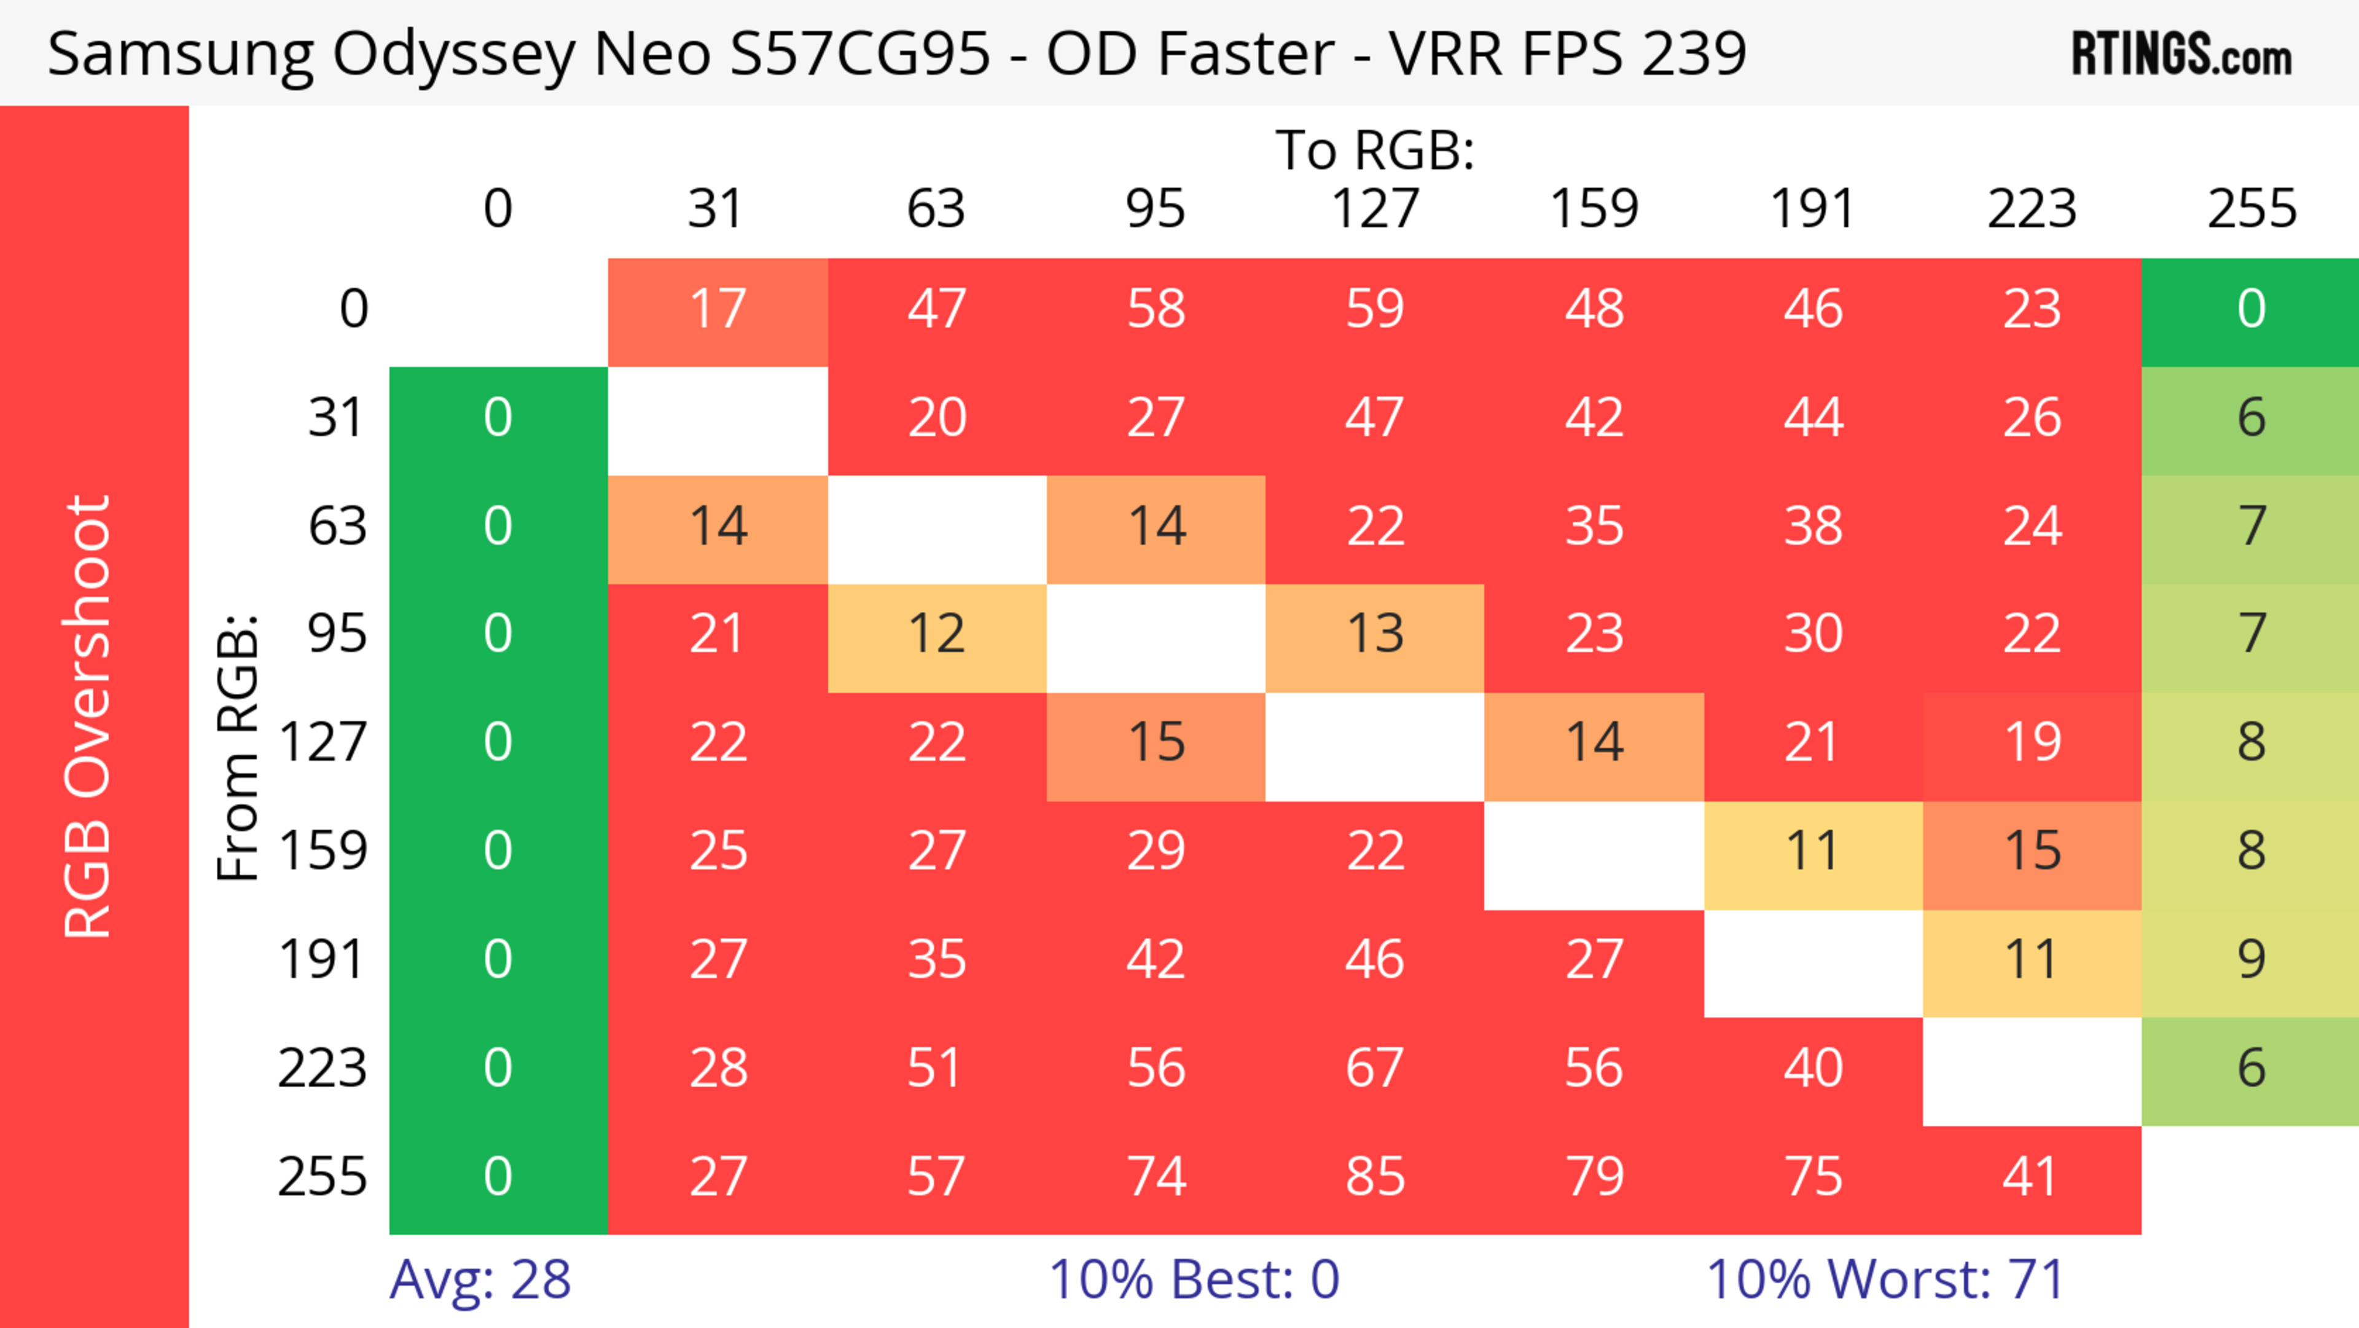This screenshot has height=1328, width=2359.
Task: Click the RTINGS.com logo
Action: click(2181, 54)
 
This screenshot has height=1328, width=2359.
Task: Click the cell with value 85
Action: click(1375, 1177)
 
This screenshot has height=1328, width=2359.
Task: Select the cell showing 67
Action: click(1375, 1069)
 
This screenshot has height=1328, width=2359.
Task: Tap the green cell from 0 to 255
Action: click(2251, 310)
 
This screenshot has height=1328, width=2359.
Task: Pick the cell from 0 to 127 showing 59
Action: click(1375, 310)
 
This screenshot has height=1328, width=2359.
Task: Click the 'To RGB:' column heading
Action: click(1375, 149)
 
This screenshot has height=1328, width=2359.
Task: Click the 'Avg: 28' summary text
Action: click(480, 1279)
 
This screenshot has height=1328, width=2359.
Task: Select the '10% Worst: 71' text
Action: click(1885, 1279)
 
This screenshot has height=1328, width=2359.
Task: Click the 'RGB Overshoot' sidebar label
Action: click(88, 716)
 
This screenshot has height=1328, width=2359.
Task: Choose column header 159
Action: click(1594, 209)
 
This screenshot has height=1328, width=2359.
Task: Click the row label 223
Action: click(323, 1069)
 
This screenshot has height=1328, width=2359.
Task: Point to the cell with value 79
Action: click(1594, 1177)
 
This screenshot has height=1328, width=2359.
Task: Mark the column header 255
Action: click(2251, 209)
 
